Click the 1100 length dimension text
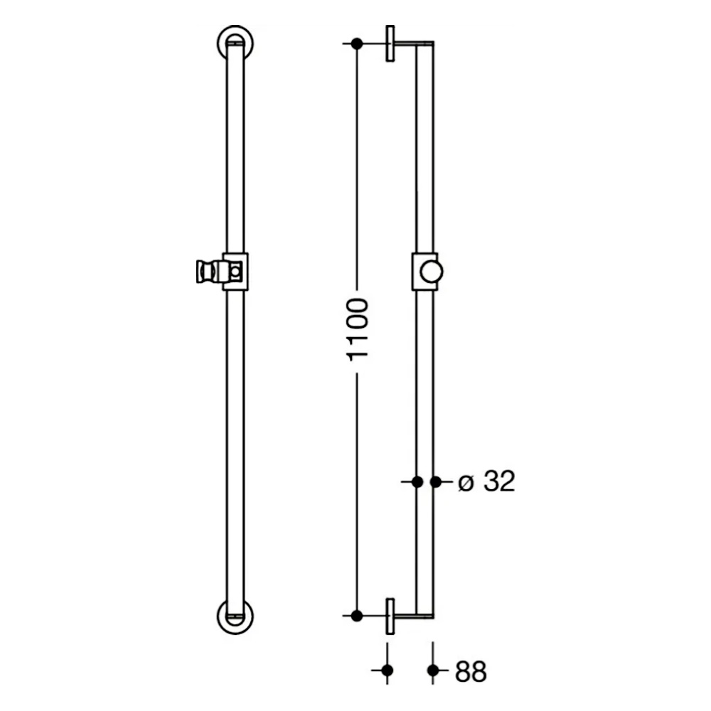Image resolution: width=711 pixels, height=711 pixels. (358, 330)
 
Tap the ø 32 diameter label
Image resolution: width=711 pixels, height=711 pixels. (486, 481)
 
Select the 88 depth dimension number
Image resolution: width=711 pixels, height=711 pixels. (471, 672)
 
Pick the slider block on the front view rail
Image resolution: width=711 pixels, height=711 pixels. (235, 271)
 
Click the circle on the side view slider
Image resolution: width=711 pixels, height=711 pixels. (432, 272)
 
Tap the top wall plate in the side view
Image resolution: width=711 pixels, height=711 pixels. (390, 43)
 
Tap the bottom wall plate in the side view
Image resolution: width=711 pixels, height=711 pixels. (390, 616)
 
